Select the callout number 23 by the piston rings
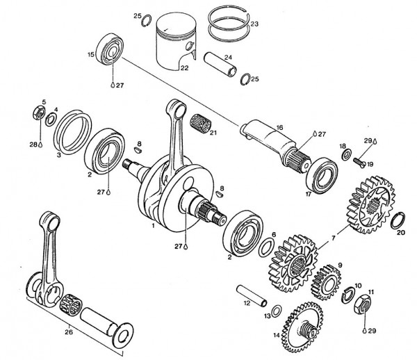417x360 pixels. pos(254,24)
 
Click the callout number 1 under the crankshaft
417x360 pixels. pos(153,226)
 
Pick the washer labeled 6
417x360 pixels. pos(266,245)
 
